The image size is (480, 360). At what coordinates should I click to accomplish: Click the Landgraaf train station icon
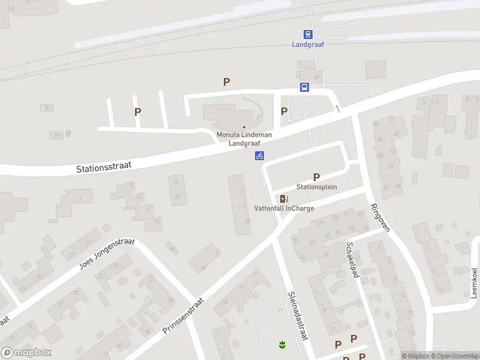[x=308, y=35]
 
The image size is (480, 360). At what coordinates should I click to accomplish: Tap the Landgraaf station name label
[x=308, y=44]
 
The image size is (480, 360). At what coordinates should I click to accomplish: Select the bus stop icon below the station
[x=305, y=87]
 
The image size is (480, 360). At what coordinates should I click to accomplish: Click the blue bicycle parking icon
[x=259, y=156]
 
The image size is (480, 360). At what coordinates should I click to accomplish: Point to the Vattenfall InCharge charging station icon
[x=284, y=199]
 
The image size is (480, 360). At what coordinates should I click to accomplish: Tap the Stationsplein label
[x=316, y=187]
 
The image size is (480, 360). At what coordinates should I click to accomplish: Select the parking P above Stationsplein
[x=316, y=177]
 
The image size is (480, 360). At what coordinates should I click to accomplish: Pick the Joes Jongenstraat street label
[x=107, y=254]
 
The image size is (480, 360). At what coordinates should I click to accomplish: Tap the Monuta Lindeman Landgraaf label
[x=244, y=139]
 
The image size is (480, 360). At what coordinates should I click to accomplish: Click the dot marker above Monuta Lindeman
[x=244, y=127]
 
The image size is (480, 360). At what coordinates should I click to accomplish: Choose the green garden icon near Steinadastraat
[x=281, y=344]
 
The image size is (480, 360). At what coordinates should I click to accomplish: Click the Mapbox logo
[x=26, y=353]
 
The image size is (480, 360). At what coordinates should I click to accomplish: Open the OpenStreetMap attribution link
[x=454, y=356]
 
